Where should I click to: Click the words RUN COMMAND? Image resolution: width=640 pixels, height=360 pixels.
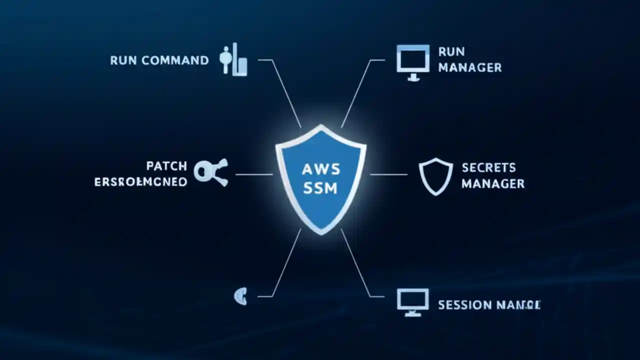(x=159, y=61)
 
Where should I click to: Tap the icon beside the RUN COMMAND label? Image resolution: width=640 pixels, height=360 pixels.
(x=233, y=60)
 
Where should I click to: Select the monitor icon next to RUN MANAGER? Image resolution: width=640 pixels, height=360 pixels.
(x=413, y=62)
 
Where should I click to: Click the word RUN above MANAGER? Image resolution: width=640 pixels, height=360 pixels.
(x=451, y=51)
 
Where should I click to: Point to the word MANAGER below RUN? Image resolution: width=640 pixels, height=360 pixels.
(x=470, y=67)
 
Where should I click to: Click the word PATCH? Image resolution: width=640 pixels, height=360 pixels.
(x=166, y=165)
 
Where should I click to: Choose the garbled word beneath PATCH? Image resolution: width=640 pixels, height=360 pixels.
(x=140, y=181)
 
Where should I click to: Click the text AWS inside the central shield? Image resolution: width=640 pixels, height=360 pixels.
(x=321, y=169)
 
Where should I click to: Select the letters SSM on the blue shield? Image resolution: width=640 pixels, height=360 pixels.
(x=321, y=188)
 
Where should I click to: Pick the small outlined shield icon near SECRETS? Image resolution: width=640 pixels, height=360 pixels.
(x=435, y=176)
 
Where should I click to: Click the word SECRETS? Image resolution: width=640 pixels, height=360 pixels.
(x=482, y=167)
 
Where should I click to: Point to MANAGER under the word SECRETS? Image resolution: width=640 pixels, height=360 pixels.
(x=493, y=183)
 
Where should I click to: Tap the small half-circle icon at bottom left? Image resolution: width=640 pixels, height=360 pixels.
(x=240, y=296)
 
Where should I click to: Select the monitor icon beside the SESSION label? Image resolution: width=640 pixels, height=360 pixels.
(x=412, y=301)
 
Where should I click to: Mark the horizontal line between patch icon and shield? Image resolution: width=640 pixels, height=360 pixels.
(x=254, y=174)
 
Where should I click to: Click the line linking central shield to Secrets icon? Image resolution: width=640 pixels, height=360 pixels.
(x=388, y=174)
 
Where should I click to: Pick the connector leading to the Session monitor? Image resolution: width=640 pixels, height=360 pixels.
(x=357, y=265)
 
